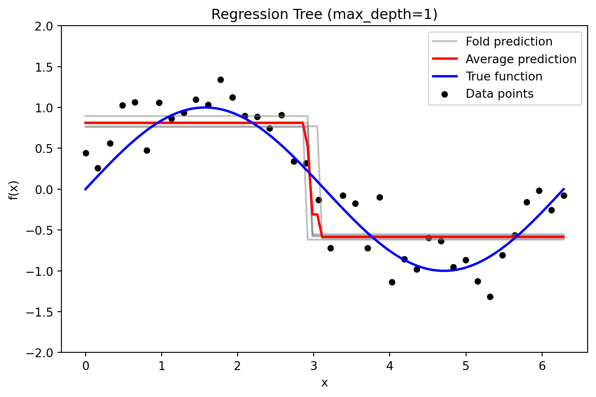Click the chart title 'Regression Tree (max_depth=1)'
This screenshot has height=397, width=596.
[324, 15]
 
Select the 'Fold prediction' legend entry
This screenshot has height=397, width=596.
[509, 42]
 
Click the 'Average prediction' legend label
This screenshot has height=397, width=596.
[521, 59]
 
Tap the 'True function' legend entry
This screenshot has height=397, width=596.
[504, 76]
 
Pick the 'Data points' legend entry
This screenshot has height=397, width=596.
[499, 94]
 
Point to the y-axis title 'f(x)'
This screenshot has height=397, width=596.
[14, 190]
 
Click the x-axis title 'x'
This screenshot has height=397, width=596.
[324, 383]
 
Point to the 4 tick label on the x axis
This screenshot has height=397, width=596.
[390, 366]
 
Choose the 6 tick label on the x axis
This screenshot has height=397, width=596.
[542, 366]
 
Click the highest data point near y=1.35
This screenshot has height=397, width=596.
[220, 80]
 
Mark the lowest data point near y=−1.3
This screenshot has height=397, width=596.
[490, 297]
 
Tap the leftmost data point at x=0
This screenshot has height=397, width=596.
[86, 153]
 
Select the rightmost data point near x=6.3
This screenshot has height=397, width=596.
[564, 195]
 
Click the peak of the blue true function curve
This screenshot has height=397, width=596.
[205, 107]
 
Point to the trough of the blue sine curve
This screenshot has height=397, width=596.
[444, 271]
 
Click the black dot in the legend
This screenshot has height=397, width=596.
[445, 94]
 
